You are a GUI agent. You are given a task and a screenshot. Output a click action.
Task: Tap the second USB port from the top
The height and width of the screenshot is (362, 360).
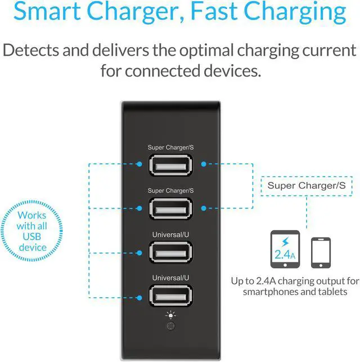point(170,208)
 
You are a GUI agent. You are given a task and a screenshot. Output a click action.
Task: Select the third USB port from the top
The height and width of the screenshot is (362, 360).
point(170,252)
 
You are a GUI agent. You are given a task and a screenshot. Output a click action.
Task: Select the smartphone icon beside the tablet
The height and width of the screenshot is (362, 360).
point(321,252)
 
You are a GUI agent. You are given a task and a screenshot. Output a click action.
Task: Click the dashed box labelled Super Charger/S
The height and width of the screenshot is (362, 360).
point(306,185)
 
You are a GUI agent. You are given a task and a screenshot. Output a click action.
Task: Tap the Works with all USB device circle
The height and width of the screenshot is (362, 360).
point(32,231)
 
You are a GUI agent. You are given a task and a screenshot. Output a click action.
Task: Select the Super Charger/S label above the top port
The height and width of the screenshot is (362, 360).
point(170,148)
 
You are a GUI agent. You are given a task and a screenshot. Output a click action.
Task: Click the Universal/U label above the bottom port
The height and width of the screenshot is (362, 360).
point(170,278)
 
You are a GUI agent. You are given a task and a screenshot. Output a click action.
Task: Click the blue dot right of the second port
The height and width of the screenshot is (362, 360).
point(202,208)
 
